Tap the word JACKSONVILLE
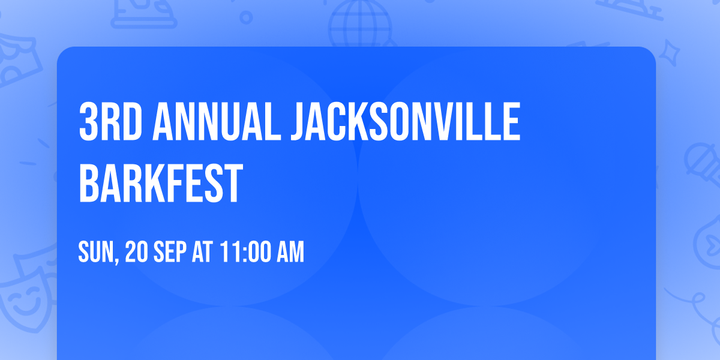tap(406, 122)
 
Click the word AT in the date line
tap(202, 253)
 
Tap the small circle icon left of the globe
tap(247, 17)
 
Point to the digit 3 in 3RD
tap(89, 122)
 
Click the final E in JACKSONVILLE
tap(512, 122)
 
